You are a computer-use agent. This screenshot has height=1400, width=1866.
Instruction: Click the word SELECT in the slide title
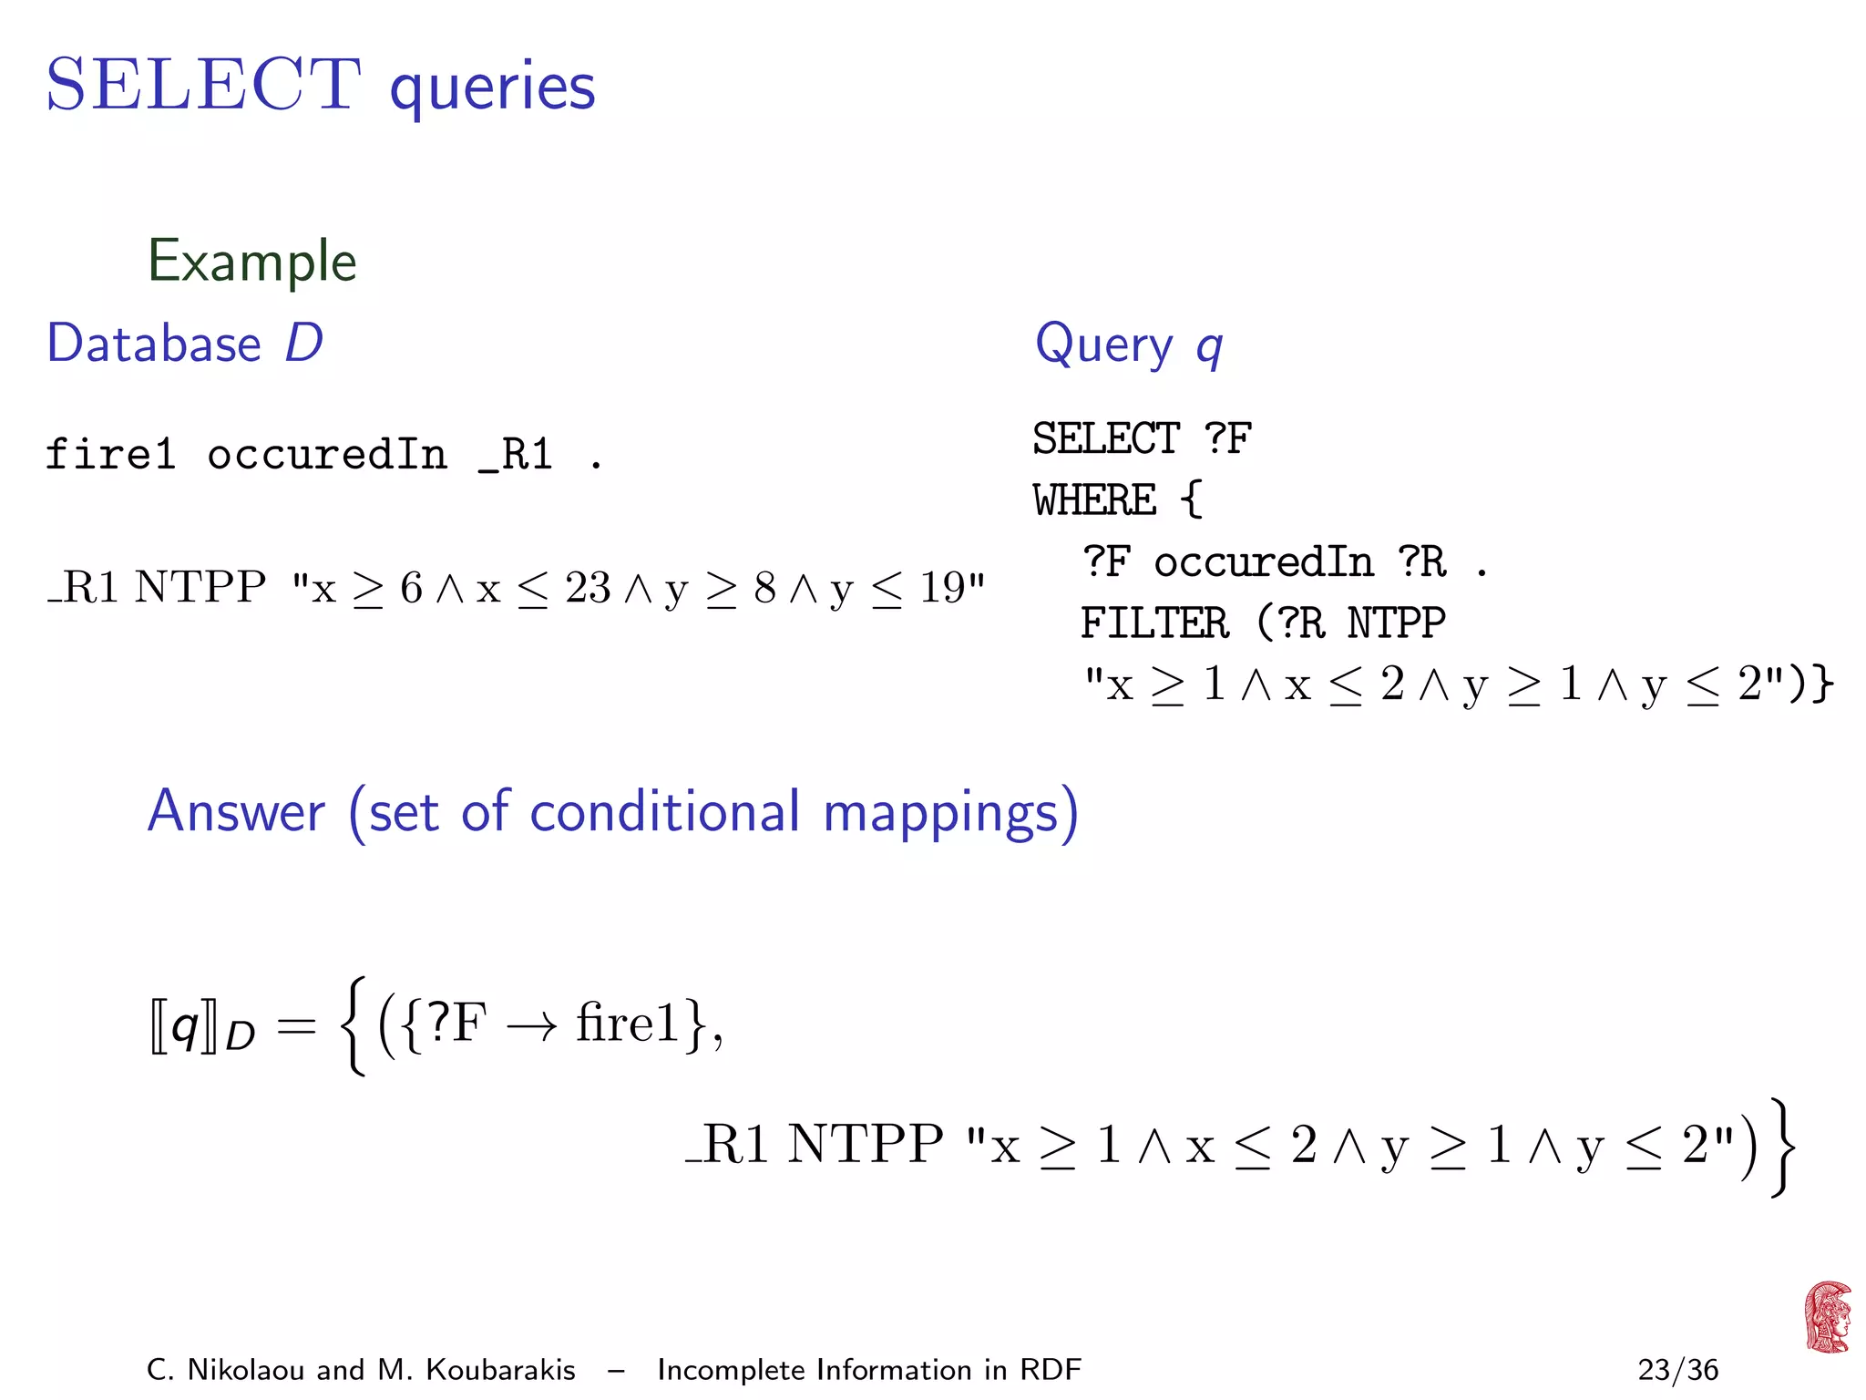coord(203,85)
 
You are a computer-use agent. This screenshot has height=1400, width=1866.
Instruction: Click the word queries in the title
coord(492,88)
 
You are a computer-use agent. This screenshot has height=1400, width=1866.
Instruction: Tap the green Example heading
coord(251,262)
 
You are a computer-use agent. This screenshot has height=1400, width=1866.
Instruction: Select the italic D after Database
coord(303,344)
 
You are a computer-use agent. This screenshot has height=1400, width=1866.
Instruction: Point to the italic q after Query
coord(1208,347)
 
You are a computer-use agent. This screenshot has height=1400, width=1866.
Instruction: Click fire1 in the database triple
coord(110,454)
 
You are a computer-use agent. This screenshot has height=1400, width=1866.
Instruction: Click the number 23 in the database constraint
coord(588,588)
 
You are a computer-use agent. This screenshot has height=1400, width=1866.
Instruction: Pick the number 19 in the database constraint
coord(941,588)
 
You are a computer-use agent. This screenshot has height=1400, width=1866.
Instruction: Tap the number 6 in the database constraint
coord(411,588)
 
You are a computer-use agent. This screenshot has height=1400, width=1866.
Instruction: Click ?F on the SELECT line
coord(1227,438)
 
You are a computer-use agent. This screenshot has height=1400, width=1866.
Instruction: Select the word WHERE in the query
coord(1094,499)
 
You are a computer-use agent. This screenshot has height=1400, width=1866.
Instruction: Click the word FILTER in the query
coord(1154,623)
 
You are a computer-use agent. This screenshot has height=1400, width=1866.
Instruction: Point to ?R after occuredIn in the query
coord(1422,561)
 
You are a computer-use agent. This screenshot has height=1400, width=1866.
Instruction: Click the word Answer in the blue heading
coord(236,811)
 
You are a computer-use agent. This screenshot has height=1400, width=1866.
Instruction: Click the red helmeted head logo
coord(1827,1317)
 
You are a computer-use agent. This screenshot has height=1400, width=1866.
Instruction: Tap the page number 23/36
coord(1677,1370)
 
